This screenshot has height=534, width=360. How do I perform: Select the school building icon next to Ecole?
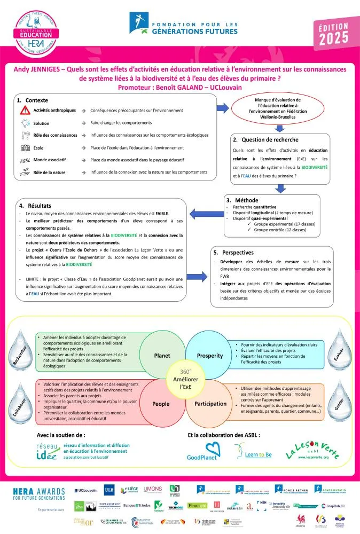[25, 147]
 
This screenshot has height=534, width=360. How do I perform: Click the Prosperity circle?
[210, 355]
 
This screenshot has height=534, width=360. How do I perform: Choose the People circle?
[161, 404]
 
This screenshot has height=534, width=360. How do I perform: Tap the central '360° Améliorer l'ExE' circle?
[185, 380]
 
